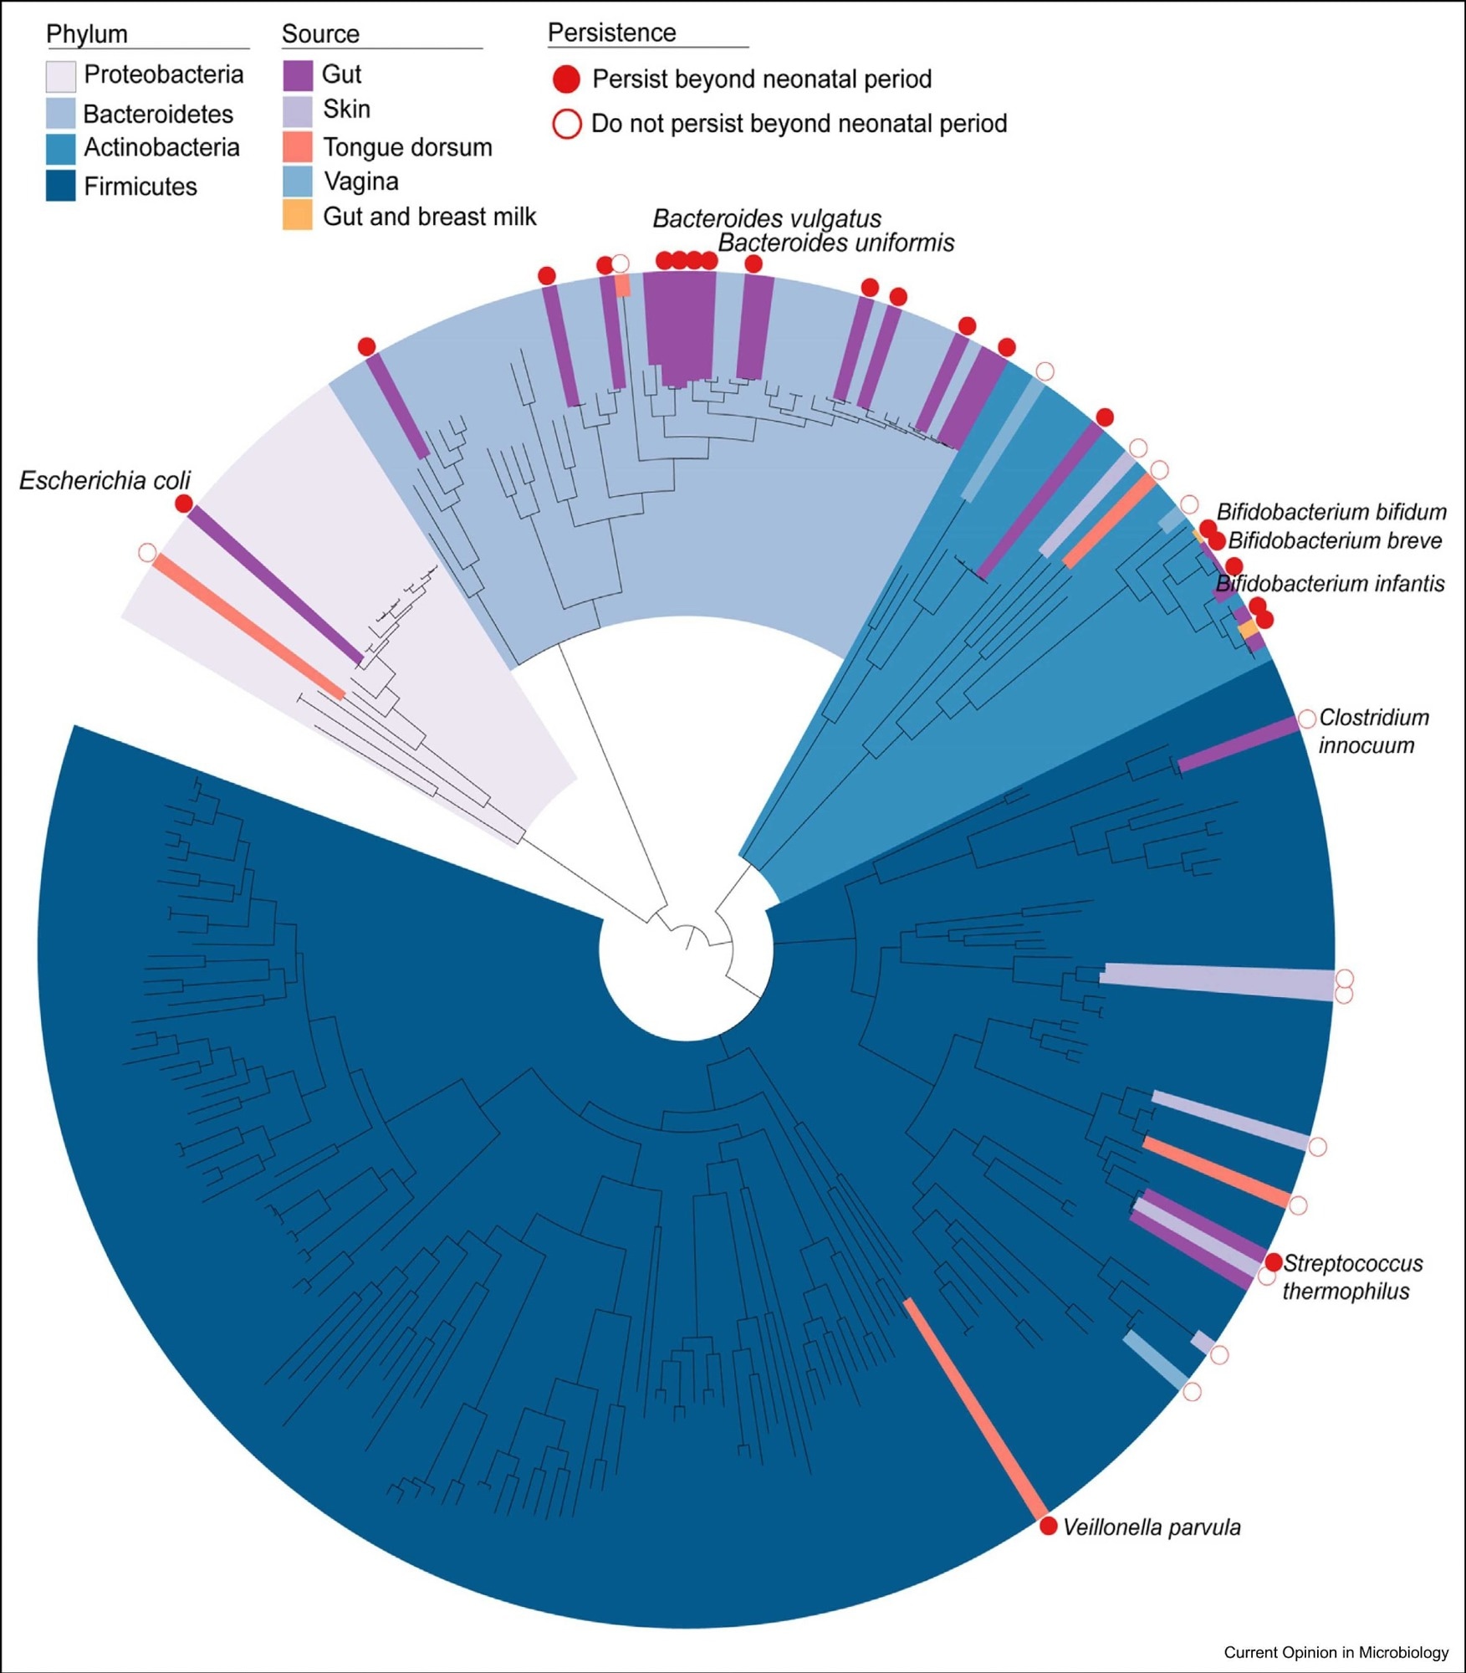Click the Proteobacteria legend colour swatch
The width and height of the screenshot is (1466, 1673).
(x=61, y=76)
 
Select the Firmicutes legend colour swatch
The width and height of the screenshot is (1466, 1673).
(x=61, y=186)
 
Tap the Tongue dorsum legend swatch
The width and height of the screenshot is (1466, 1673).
(x=298, y=147)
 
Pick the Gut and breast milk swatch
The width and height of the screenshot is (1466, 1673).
(x=298, y=216)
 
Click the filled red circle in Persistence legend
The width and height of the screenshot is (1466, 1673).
(x=566, y=79)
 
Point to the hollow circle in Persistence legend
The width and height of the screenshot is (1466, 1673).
(x=566, y=124)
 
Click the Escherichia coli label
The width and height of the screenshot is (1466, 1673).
(x=105, y=480)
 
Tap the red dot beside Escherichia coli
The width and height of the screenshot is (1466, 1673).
(x=184, y=504)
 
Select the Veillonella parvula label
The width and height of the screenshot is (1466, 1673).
(x=1152, y=1527)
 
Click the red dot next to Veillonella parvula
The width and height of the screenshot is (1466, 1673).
(x=1049, y=1527)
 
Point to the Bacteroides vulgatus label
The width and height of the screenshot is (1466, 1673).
(x=767, y=218)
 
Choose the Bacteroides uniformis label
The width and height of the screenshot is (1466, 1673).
(x=836, y=243)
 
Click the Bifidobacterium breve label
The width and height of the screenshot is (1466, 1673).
(x=1335, y=540)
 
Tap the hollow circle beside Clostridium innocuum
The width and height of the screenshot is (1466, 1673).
(x=1307, y=719)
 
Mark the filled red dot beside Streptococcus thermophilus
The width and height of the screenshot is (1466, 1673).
(x=1274, y=1262)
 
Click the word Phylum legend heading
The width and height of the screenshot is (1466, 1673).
(x=87, y=34)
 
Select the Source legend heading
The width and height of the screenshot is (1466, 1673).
(x=320, y=34)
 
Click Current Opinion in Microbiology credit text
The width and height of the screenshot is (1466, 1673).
(x=1336, y=1652)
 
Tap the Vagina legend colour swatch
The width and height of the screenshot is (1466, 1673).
(x=298, y=182)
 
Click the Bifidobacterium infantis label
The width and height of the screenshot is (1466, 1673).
(x=1331, y=583)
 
